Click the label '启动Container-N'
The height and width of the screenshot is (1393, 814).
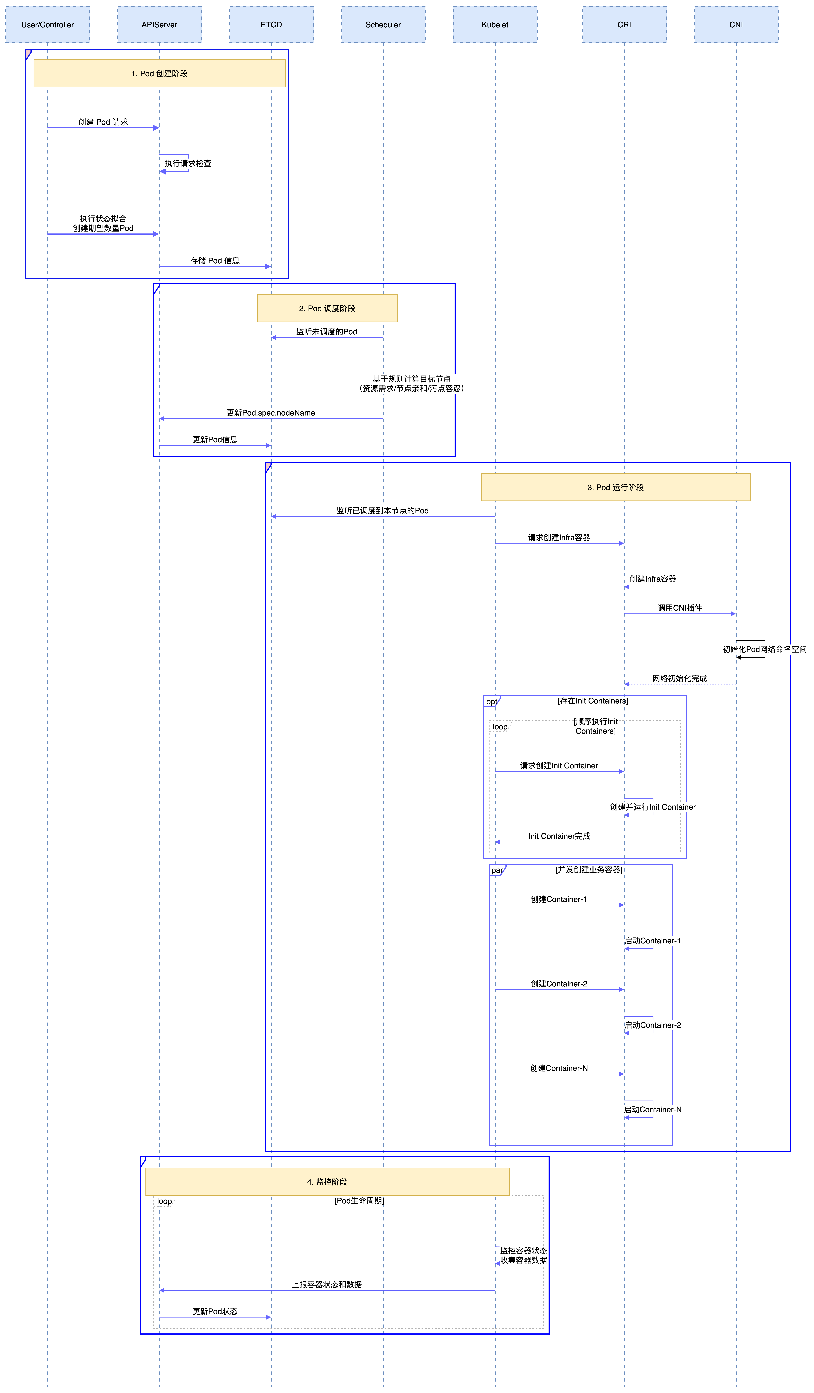pos(653,1109)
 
